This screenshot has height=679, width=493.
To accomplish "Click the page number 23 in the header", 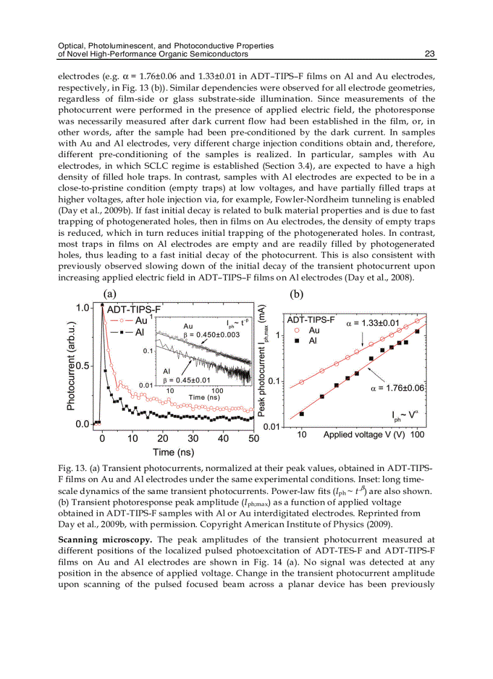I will (430, 54).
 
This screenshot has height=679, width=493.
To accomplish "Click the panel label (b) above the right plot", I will (297, 294).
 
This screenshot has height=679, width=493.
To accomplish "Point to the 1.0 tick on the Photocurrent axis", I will (82, 308).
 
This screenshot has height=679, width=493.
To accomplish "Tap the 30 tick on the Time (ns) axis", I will (193, 438).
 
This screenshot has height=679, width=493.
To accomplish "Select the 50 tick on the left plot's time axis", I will (253, 438).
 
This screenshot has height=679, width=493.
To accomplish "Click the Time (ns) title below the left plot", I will (173, 452).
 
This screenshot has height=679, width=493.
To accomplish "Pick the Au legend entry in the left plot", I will (141, 320).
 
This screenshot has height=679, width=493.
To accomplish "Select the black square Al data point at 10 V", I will (301, 414).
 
